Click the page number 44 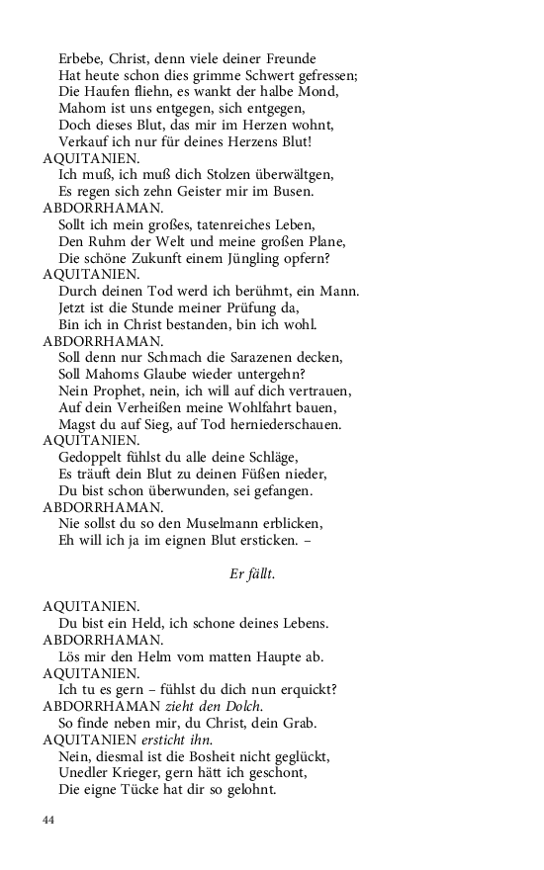(49, 820)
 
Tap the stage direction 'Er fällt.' (245, 574)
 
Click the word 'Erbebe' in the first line (82, 58)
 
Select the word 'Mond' (319, 92)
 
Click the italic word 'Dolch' (243, 706)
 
